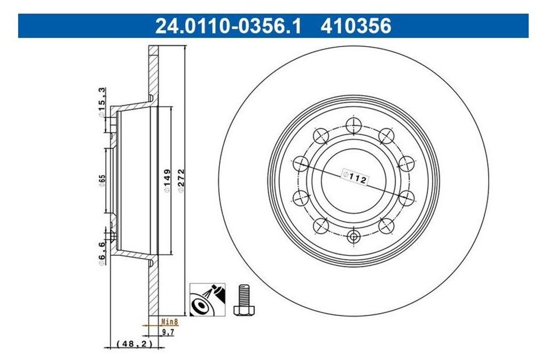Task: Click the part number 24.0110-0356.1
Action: pos(228,26)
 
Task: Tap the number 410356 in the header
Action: pos(356,26)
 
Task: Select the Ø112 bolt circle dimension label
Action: pos(355,177)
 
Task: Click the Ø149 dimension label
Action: pos(167,180)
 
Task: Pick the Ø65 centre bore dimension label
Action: pos(102,181)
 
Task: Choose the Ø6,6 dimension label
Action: pos(102,253)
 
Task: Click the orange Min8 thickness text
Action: pos(170,322)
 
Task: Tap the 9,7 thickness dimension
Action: pos(168,332)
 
